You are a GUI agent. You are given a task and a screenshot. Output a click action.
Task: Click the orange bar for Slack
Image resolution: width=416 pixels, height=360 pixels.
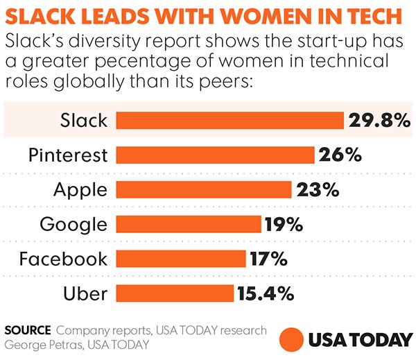point(229,120)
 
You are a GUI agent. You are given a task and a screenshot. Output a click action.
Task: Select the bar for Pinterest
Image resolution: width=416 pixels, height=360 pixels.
point(215,154)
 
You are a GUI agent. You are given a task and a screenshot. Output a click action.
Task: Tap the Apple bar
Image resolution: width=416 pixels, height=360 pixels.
point(203,189)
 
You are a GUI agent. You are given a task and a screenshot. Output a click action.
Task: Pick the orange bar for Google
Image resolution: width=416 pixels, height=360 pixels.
point(188,223)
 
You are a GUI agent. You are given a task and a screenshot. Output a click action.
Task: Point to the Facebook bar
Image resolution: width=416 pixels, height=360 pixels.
point(180,259)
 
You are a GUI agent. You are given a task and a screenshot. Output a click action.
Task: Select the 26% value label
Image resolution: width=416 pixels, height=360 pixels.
point(340,154)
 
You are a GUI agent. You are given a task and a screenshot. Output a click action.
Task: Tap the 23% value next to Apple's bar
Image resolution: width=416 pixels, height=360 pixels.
point(317,189)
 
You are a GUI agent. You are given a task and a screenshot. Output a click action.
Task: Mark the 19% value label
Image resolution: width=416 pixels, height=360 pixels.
point(283,223)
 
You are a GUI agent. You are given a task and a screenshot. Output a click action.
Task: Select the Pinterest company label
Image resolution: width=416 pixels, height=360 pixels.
point(68,155)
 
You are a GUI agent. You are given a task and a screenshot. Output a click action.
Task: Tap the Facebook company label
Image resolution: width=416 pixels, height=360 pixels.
point(64,259)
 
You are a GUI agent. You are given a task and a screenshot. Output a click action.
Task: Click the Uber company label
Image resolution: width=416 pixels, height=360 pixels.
point(85,293)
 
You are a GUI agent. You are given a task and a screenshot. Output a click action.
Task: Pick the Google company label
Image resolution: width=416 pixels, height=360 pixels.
point(73,224)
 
